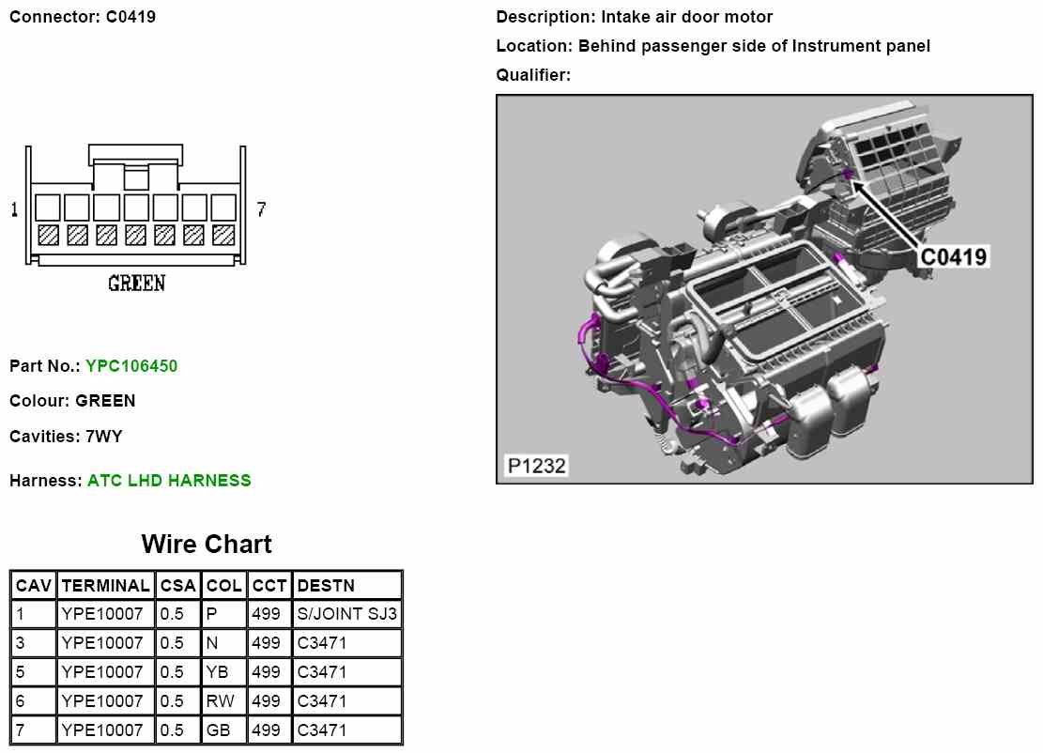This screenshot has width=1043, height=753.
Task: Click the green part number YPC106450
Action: click(131, 366)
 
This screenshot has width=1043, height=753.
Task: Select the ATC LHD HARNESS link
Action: click(169, 481)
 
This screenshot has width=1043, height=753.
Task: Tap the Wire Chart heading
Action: click(207, 545)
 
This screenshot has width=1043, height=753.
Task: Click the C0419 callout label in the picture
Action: click(953, 256)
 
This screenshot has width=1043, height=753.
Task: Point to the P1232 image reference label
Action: click(536, 466)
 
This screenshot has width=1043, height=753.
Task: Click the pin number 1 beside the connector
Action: click(14, 210)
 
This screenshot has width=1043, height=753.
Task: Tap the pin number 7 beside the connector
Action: click(261, 210)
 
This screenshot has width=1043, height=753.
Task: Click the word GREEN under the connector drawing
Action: click(136, 283)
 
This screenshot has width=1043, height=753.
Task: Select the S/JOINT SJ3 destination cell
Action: click(347, 615)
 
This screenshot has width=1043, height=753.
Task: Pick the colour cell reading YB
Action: click(217, 672)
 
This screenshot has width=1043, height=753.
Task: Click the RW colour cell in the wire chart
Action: click(220, 701)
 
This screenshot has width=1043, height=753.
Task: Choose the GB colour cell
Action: click(218, 730)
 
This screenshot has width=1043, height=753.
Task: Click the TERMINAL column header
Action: click(105, 586)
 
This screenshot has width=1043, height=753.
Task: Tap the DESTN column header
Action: click(326, 586)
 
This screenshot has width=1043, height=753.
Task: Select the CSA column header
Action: click(177, 586)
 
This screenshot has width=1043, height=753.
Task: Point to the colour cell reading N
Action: click(211, 644)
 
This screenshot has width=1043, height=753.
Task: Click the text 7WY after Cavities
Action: click(103, 437)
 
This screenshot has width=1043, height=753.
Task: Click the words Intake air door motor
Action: click(687, 17)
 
